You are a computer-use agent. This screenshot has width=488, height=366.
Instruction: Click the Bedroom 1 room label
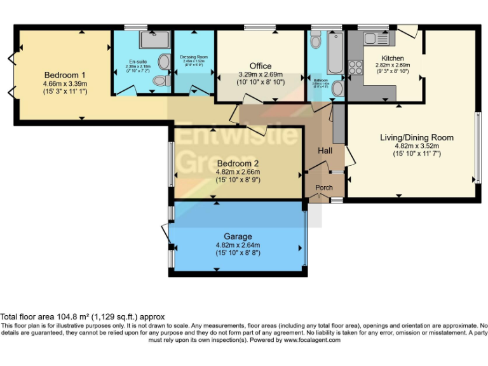click(65, 74)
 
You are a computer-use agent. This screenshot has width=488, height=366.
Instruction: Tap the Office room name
click(260, 66)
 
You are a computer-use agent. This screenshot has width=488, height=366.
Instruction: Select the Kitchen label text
click(393, 58)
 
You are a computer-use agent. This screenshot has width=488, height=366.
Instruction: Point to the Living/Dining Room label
click(417, 137)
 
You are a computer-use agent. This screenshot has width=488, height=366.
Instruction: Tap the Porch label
click(324, 187)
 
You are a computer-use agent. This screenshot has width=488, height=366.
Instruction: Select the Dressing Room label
click(193, 57)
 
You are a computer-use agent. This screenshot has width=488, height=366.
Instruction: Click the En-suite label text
click(138, 61)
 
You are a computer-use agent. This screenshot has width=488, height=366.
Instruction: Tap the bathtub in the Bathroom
click(335, 54)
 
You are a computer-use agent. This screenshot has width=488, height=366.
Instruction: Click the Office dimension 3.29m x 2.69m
click(260, 74)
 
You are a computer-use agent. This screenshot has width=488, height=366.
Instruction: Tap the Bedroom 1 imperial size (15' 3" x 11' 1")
click(65, 91)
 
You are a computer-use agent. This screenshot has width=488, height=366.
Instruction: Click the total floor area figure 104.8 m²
click(74, 316)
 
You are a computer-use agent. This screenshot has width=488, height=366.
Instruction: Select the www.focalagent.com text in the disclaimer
click(312, 340)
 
